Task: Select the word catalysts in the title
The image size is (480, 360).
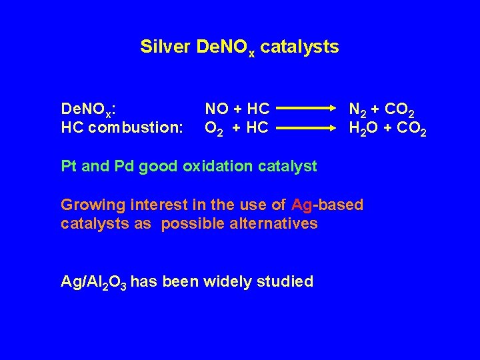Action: pos(299,47)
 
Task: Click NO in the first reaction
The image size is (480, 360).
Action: pos(216,108)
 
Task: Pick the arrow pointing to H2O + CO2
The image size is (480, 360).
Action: pos(305,127)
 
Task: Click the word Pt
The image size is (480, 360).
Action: pos(67,166)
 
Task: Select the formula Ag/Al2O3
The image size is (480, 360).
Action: pos(93,282)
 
